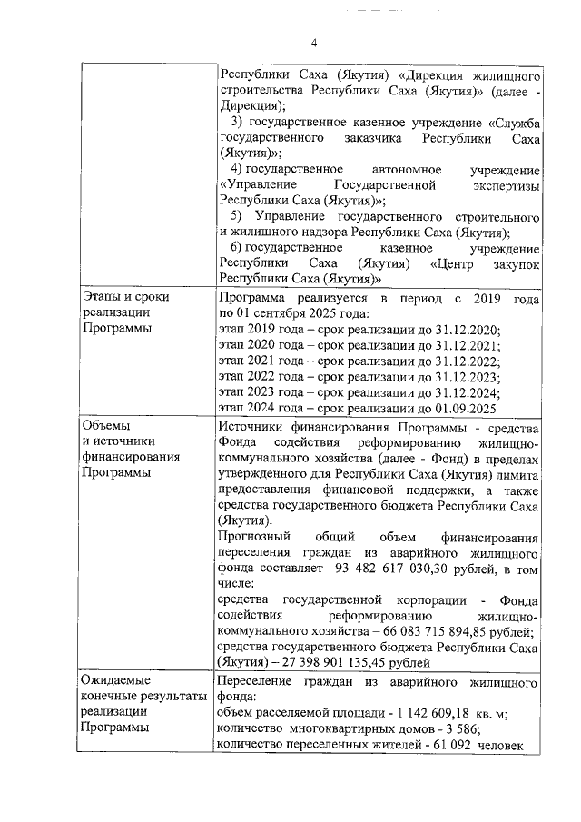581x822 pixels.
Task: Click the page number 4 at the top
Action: pos(314,43)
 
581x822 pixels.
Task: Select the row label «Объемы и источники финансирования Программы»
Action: pos(131,450)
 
